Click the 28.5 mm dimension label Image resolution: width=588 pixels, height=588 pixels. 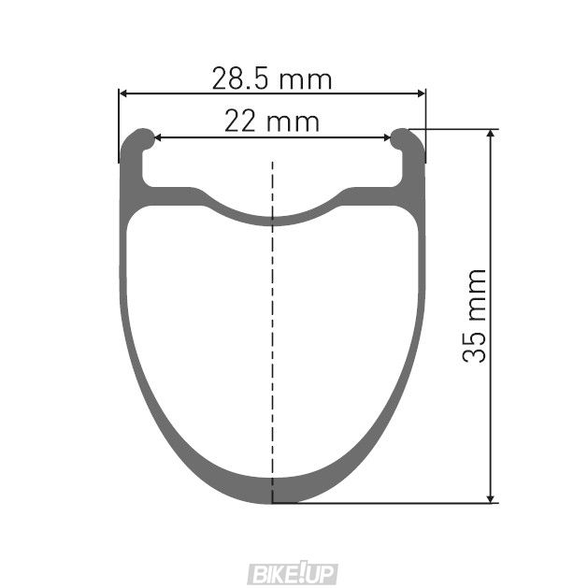[x=272, y=79]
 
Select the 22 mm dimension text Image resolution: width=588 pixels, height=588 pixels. [x=272, y=122]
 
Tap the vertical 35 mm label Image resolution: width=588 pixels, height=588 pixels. [x=476, y=315]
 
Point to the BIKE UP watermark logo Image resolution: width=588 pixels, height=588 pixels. [x=294, y=573]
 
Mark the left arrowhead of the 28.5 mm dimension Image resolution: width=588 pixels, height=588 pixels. [x=123, y=93]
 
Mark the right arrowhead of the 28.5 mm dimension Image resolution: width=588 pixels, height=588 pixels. [x=421, y=93]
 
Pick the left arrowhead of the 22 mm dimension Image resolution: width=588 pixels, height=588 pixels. [x=157, y=137]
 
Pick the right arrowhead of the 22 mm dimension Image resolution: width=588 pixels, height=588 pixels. [x=388, y=137]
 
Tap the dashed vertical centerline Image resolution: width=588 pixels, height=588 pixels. [x=272, y=327]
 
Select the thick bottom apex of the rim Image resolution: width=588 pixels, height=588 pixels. [x=272, y=490]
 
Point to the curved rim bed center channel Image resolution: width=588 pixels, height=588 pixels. [x=272, y=218]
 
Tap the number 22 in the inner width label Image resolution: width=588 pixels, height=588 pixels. [x=242, y=122]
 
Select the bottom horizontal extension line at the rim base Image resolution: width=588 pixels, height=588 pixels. [x=393, y=503]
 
